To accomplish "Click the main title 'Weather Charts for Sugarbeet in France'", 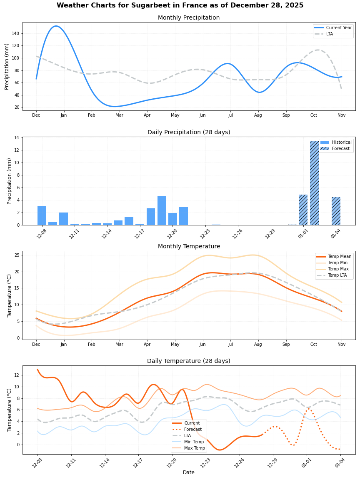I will tap(180, 5).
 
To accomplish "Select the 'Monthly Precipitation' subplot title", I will tap(189, 18).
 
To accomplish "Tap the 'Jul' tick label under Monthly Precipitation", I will tap(230, 115).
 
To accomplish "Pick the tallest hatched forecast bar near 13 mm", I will tap(314, 183).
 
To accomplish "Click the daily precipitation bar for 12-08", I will tap(42, 215).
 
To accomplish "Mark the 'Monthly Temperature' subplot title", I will tap(189, 247).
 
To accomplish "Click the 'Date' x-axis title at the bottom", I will tap(189, 472).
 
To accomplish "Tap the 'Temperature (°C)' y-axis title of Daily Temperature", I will tap(10, 410).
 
